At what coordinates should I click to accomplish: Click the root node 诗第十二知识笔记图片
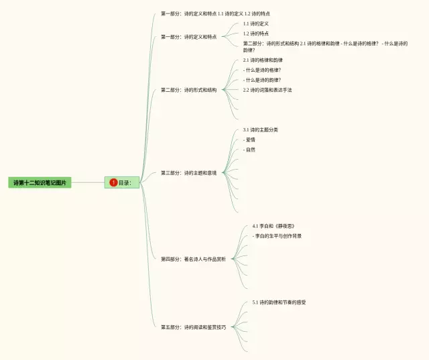click(40, 182)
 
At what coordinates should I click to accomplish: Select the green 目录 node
click(122, 182)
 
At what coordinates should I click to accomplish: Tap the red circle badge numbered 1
click(113, 182)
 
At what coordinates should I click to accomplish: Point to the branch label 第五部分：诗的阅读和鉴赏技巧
click(193, 327)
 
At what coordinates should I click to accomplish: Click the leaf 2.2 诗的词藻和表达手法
click(267, 90)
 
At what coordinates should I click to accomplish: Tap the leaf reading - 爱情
click(249, 139)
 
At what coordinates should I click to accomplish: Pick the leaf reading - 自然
click(249, 149)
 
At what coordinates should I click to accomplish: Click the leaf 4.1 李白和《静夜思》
click(273, 226)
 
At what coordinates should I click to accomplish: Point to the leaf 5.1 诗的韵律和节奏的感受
click(279, 302)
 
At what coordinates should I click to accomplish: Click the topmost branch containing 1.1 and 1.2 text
click(215, 13)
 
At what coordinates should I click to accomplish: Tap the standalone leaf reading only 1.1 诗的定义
click(255, 23)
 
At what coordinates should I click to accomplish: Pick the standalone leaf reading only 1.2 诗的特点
click(255, 34)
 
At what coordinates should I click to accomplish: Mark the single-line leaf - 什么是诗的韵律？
click(262, 80)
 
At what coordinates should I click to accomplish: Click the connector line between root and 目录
click(87, 182)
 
